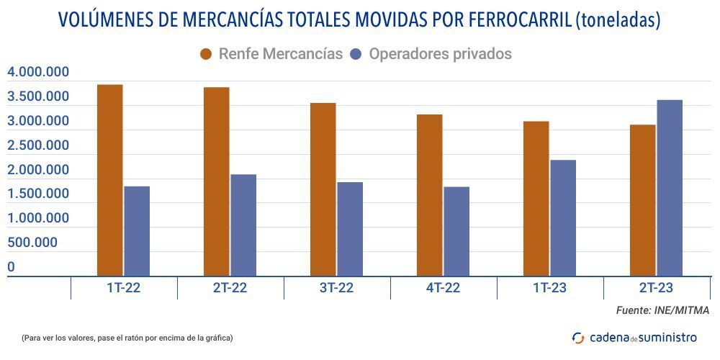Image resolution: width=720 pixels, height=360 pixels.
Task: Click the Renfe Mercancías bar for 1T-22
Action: pos(110,180)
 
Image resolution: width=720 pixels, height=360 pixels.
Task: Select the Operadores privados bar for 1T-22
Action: pos(137,230)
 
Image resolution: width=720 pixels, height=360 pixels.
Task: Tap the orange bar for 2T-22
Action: pos(217,181)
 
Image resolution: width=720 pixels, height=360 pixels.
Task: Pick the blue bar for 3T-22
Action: pos(350,228)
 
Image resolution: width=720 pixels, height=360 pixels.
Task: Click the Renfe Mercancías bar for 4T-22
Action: pos(430,194)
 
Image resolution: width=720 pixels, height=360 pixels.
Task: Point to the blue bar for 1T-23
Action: pos(563,217)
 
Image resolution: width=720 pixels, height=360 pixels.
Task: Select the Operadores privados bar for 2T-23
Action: pos(670,187)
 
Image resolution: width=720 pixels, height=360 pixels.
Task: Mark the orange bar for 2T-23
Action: pos(643,200)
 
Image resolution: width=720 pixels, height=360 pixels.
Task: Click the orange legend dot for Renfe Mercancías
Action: pos(207,54)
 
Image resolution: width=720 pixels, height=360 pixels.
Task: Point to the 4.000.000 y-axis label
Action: pos(38,72)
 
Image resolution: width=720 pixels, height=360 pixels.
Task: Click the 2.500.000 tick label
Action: pos(38,145)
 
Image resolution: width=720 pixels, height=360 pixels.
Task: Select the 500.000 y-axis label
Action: pos(32,243)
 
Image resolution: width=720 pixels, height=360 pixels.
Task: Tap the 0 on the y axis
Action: pos(12,267)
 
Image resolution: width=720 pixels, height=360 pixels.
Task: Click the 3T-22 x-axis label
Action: pos(336,288)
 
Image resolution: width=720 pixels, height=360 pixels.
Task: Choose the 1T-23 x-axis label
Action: pos(549,288)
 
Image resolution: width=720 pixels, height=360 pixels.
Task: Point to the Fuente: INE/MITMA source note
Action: pos(662,310)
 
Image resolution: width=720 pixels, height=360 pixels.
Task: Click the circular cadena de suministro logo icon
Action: pos(578,337)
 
